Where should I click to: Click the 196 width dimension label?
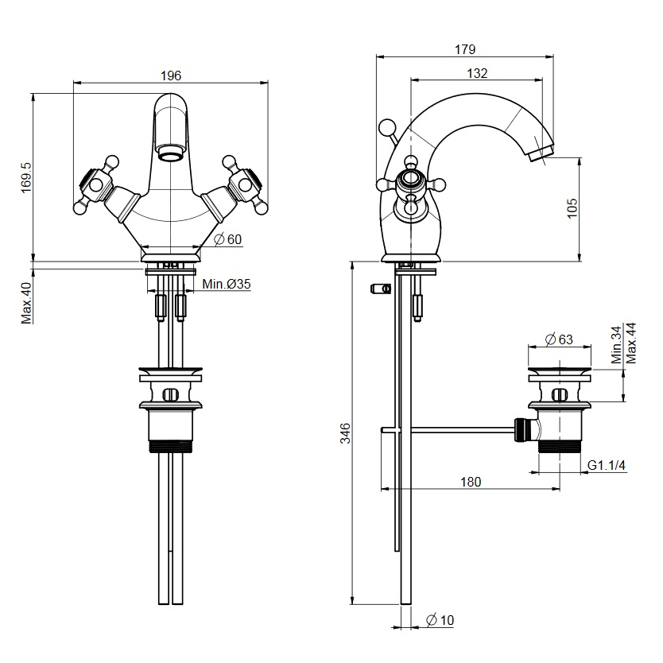171,76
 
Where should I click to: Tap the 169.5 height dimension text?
27,177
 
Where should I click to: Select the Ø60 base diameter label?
228,239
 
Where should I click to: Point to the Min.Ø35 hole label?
227,284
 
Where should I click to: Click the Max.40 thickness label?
27,303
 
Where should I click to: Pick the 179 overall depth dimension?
465,49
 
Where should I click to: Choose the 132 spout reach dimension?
477,73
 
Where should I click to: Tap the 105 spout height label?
572,208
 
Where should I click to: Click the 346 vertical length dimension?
346,433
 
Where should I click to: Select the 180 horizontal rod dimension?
471,482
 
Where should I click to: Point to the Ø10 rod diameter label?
440,620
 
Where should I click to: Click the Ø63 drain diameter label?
559,339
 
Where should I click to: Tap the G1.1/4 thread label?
607,465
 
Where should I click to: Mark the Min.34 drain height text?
616,345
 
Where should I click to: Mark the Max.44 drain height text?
630,343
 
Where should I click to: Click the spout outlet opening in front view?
170,152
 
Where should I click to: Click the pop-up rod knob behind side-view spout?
386,127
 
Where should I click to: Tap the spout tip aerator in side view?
541,152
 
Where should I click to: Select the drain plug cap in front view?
170,371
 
